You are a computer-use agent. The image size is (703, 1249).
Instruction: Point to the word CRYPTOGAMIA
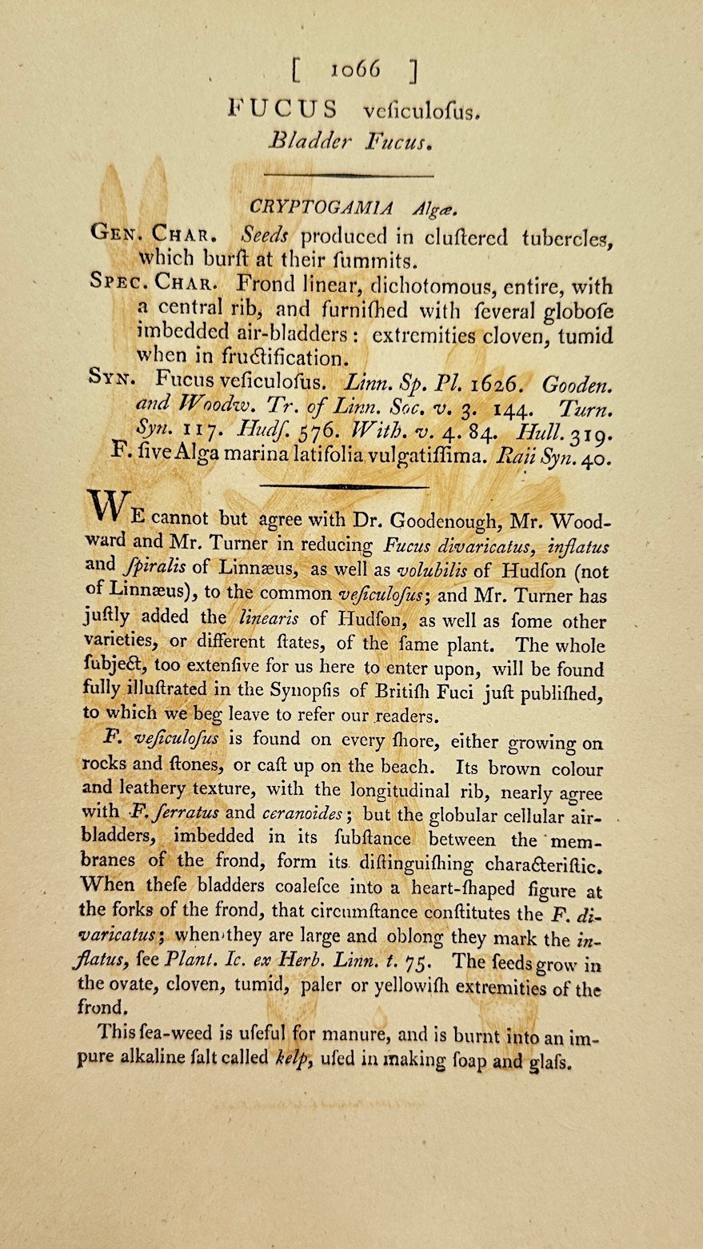pyautogui.click(x=322, y=208)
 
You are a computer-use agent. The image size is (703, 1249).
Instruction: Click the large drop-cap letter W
pyautogui.click(x=106, y=505)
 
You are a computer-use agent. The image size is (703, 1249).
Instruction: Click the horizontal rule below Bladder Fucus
pyautogui.click(x=348, y=174)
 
